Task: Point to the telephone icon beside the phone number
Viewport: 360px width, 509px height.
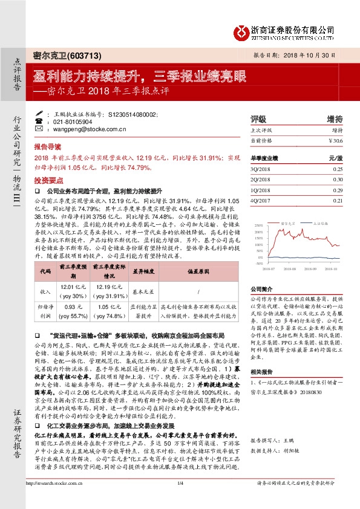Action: (x=48, y=121)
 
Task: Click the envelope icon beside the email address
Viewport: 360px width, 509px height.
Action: (x=48, y=129)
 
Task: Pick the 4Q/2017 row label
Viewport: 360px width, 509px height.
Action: (x=261, y=201)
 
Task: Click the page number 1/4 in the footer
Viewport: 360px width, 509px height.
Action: (x=180, y=499)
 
